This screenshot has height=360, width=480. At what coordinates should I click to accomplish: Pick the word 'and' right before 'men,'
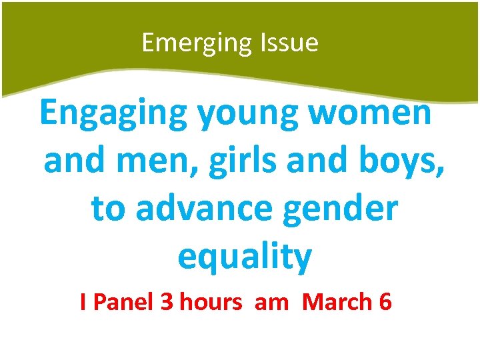click(x=72, y=161)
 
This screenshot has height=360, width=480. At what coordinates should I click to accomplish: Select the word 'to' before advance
click(x=107, y=209)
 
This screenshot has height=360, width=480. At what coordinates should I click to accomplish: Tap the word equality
click(x=245, y=257)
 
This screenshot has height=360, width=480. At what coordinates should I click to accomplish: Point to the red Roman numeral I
click(x=83, y=303)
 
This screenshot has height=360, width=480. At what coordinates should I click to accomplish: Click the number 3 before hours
click(x=167, y=303)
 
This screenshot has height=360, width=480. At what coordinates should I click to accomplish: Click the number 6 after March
click(x=385, y=303)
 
